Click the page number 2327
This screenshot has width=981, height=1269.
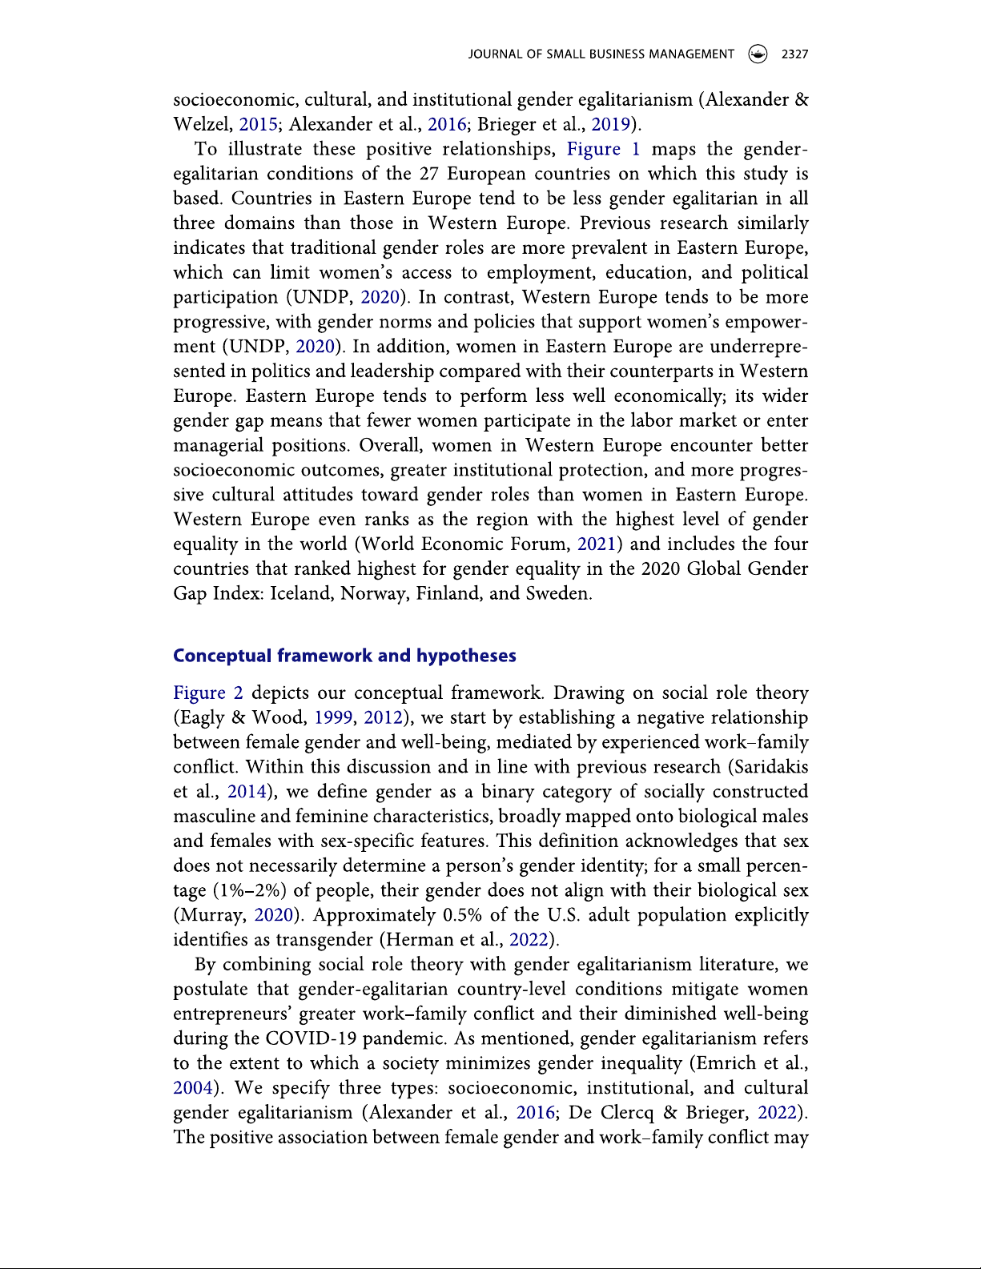point(794,54)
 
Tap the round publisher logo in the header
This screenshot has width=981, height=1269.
point(757,54)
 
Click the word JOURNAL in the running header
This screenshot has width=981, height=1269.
point(494,54)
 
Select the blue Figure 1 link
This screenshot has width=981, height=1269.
point(603,149)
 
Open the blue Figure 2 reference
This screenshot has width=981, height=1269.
point(208,693)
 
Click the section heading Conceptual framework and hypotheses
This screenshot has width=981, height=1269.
point(344,656)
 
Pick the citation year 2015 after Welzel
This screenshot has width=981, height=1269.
point(258,124)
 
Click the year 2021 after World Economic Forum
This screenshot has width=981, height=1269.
point(597,544)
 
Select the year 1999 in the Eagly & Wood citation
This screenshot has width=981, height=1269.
point(332,717)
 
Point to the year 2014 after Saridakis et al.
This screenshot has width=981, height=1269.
point(247,792)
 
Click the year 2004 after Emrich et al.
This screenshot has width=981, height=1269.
point(193,1088)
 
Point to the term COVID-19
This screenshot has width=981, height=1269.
point(312,1039)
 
